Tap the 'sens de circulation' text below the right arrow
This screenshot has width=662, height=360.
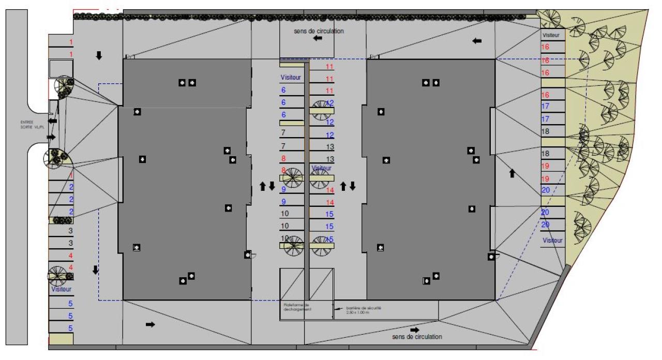[417, 337]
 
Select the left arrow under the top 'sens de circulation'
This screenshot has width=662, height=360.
[318, 39]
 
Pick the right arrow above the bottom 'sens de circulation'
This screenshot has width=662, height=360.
[414, 329]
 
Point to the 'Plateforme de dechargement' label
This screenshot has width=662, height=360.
[296, 307]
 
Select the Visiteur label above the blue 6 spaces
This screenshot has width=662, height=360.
[291, 77]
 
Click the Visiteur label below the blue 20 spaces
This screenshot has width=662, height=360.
[553, 241]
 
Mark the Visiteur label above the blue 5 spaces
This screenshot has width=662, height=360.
[61, 290]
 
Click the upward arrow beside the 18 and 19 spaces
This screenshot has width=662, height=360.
[512, 173]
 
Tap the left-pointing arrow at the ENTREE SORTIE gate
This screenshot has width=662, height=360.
[52, 121]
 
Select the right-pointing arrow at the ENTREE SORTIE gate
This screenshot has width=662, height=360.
[51, 137]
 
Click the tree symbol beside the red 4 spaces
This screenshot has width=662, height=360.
[57, 275]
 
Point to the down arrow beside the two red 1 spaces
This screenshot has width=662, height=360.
[99, 55]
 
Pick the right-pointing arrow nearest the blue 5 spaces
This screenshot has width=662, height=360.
[150, 324]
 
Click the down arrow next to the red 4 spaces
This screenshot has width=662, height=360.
[95, 269]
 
